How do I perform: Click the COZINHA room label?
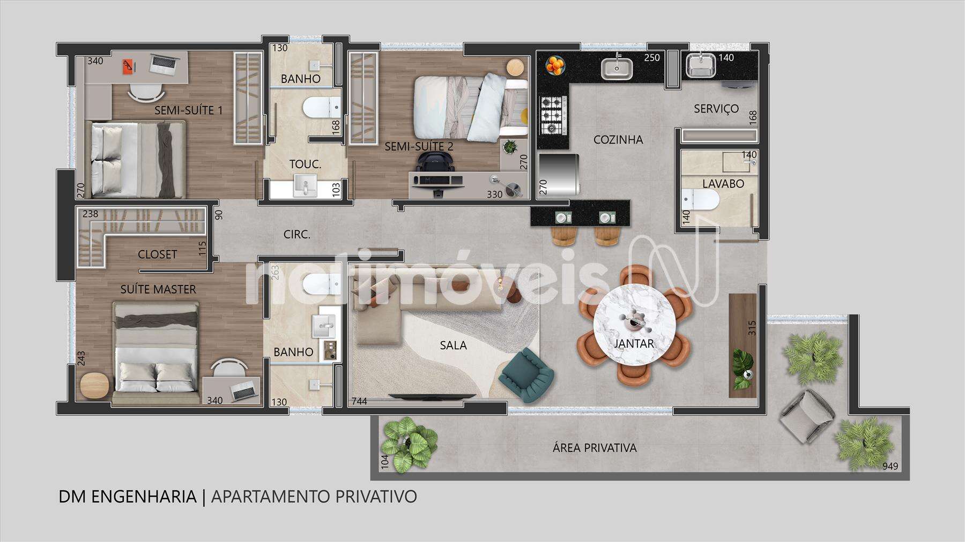618,140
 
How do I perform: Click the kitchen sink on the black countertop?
617,68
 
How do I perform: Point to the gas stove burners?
553,115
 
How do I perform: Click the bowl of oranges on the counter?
555,65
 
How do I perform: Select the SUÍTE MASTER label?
158,289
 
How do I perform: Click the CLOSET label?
157,254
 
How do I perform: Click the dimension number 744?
359,401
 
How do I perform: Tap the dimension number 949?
890,466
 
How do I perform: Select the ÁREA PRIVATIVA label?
595,448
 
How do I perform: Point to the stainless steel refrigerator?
559,174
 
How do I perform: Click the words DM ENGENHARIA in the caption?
128,496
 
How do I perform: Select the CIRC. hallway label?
297,235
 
